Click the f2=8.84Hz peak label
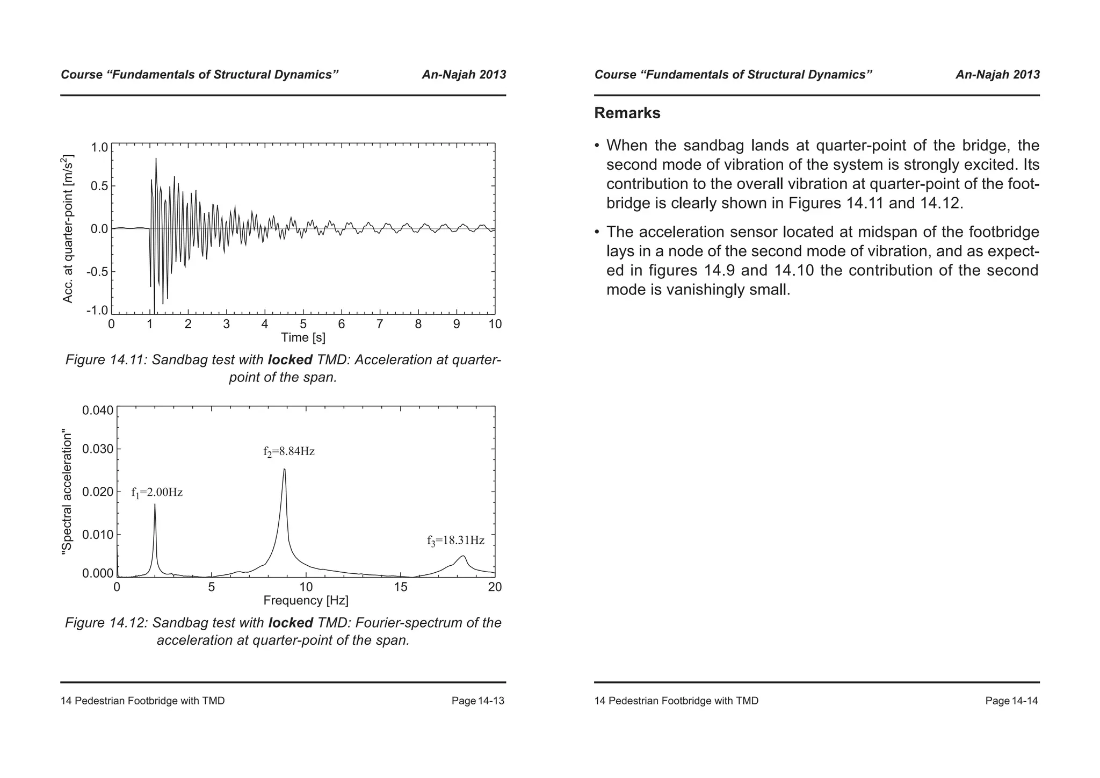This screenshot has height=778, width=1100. pyautogui.click(x=289, y=451)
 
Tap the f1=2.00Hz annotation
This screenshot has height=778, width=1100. pyautogui.click(x=157, y=492)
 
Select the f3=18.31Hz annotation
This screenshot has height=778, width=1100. pyautogui.click(x=455, y=541)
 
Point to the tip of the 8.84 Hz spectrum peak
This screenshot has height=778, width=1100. pyautogui.click(x=284, y=470)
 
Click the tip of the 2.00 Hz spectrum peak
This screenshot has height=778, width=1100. pyautogui.click(x=155, y=504)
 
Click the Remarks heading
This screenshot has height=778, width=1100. pyautogui.click(x=627, y=113)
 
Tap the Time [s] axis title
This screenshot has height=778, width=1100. pyautogui.click(x=303, y=337)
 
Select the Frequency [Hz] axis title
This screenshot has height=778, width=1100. pyautogui.click(x=306, y=600)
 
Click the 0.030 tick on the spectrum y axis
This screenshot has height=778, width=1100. pyautogui.click(x=98, y=449)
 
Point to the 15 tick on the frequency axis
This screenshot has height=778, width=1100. pyautogui.click(x=401, y=587)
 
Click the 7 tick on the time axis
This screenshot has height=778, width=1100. pyautogui.click(x=380, y=324)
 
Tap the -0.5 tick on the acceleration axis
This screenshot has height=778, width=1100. pyautogui.click(x=98, y=271)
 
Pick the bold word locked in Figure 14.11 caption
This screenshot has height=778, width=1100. pyautogui.click(x=290, y=359)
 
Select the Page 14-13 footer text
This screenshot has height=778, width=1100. pyautogui.click(x=477, y=701)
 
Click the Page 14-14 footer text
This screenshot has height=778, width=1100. pyautogui.click(x=1011, y=701)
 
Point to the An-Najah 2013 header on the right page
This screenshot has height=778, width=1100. pyautogui.click(x=997, y=75)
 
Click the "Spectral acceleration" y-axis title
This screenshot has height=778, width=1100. pyautogui.click(x=67, y=492)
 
